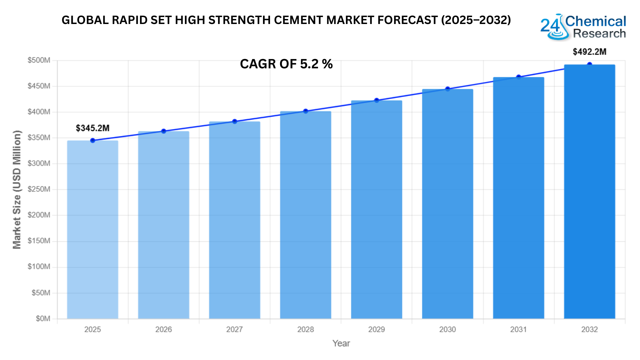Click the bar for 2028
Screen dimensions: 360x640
(306, 215)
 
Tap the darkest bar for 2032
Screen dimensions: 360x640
(589, 192)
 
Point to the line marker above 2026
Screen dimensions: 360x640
(164, 131)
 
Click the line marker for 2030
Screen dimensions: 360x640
(448, 89)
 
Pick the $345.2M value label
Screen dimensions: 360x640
(93, 128)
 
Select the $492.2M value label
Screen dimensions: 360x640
(589, 52)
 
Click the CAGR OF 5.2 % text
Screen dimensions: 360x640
(286, 64)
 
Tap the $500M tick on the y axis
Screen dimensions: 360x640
(39, 60)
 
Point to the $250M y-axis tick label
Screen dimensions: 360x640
(39, 189)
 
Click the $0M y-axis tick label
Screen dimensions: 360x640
(43, 319)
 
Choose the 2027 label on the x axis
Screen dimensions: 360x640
(234, 330)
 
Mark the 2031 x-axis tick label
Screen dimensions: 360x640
(518, 330)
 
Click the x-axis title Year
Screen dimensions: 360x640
(341, 343)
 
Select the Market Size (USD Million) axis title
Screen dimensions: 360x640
(17, 189)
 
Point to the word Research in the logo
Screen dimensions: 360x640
(599, 34)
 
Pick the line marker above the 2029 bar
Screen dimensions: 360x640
(377, 100)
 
